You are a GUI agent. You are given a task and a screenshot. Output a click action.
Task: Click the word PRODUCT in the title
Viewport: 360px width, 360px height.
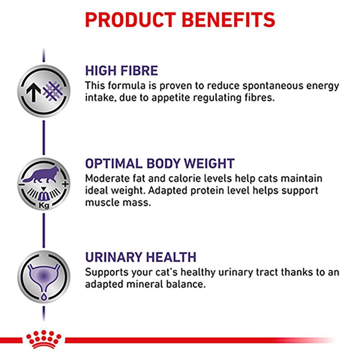[x=130, y=19]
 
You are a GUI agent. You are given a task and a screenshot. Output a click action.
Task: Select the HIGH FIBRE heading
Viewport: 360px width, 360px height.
[x=121, y=71]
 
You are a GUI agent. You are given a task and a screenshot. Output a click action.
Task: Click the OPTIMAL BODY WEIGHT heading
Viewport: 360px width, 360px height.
[x=160, y=163]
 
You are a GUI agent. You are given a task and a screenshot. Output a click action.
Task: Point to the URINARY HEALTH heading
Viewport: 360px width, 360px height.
[x=140, y=257]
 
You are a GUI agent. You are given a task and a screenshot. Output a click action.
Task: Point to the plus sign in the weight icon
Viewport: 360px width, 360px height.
[x=65, y=184]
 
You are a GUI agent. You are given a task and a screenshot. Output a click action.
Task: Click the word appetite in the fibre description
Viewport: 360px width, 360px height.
[x=161, y=97]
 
